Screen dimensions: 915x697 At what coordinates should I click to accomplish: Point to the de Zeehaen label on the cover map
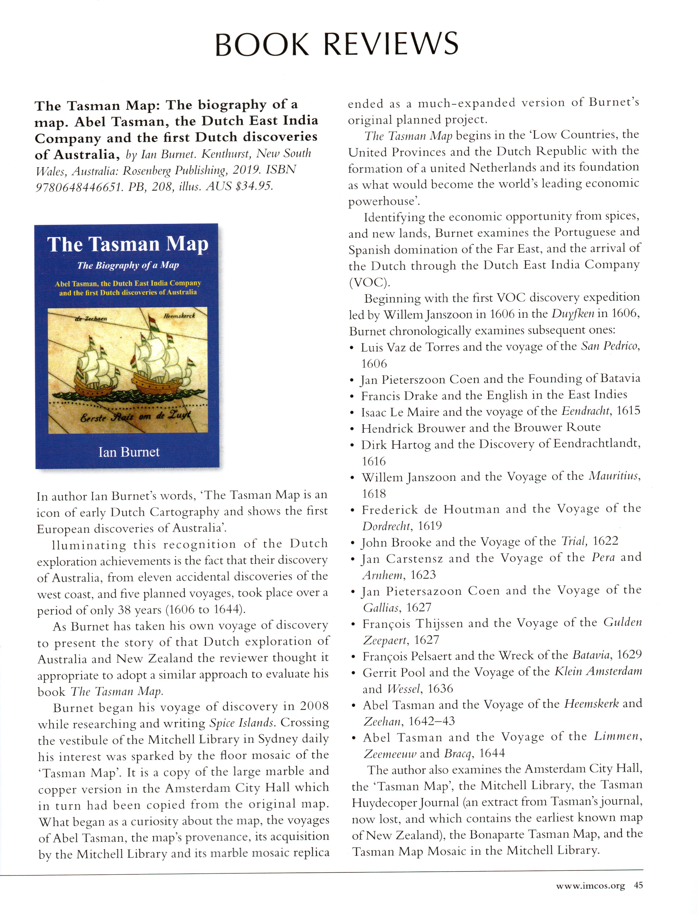click(91, 318)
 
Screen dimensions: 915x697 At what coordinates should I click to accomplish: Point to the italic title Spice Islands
click(242, 723)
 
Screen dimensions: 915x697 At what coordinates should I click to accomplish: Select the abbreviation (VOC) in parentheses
click(369, 282)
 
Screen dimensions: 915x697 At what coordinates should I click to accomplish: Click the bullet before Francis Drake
click(352, 397)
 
